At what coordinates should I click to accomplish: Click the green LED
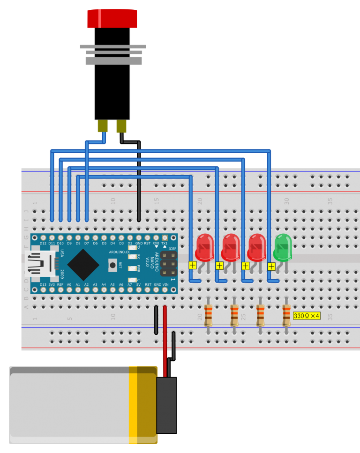(283, 247)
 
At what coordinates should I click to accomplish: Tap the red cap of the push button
(112, 19)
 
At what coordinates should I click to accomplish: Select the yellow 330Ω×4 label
(307, 316)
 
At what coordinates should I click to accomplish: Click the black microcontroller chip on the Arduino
(83, 265)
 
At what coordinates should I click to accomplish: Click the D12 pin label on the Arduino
(43, 244)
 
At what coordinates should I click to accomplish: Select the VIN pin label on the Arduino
(165, 285)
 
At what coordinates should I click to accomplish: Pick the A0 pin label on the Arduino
(69, 285)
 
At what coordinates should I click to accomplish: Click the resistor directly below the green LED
(286, 315)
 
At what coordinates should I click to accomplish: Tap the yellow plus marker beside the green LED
(271, 267)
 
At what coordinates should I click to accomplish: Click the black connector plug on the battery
(166, 405)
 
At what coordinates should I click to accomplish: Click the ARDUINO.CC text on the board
(119, 252)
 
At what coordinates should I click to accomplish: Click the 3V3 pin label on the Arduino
(52, 285)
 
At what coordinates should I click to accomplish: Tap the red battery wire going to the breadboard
(165, 337)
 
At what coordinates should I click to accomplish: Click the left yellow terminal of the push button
(103, 126)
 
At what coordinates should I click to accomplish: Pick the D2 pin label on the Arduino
(130, 244)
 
